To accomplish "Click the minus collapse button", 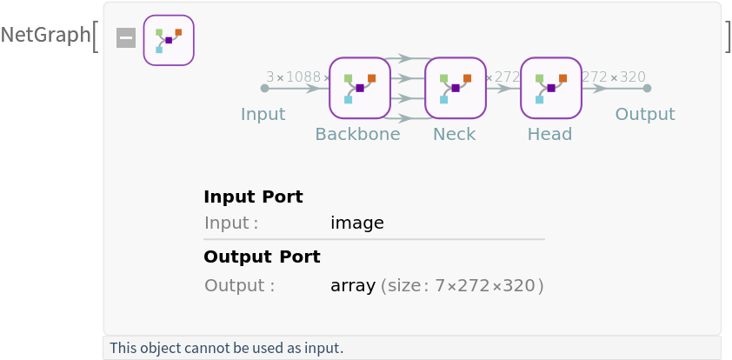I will pos(126,38).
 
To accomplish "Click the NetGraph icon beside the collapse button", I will pos(169,40).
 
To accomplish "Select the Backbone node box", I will pos(360,88).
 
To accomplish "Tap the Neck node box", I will pos(456,88).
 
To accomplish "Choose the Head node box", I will pos(551,88).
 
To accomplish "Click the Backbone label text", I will pos(357,134).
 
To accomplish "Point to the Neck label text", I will pos(455,134).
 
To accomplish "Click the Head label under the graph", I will pos(549,134).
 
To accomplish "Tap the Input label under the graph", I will pos(263,114).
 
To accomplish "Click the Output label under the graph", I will pos(645,114).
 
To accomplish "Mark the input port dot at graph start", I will pos(264,88).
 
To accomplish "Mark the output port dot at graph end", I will pos(647,88).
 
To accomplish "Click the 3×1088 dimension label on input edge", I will pos(296,77).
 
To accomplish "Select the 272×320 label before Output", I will pos(615,77).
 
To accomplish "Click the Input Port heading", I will pos(253,197).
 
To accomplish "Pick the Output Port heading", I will pos(262,257).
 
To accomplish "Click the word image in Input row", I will pos(357,223).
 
